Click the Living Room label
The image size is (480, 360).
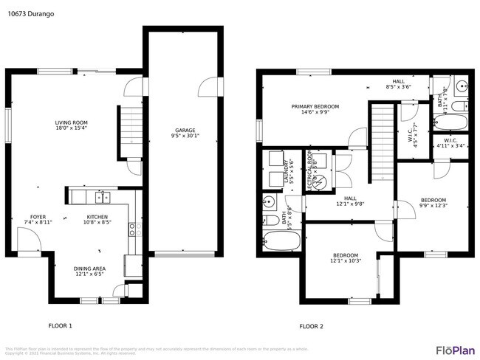click(72, 122)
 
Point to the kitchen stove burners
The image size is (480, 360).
click(133, 229)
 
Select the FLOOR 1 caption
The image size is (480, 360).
click(60, 325)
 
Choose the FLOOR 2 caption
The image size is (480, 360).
click(310, 325)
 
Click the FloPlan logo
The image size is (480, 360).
click(454, 349)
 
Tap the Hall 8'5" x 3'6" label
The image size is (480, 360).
click(398, 84)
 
